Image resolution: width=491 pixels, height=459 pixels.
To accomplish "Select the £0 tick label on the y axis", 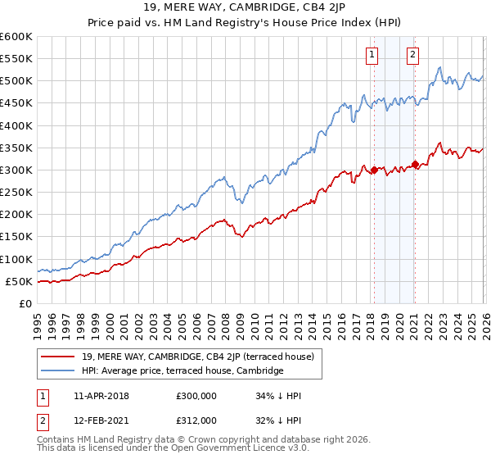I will tap(25, 303).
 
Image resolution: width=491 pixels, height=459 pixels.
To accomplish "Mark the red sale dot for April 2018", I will tap(374, 170).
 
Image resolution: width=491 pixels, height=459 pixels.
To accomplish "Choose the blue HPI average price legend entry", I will tap(182, 370).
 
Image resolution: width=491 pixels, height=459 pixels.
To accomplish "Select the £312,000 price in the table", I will tap(196, 420).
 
